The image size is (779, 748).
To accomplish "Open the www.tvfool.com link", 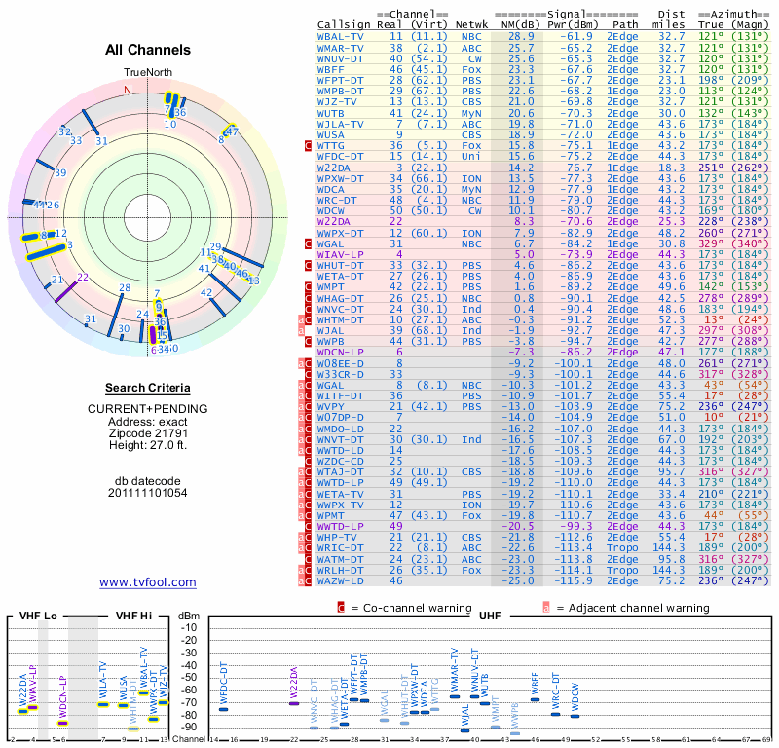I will pyautogui.click(x=148, y=582).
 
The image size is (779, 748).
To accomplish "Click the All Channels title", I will pyautogui.click(x=148, y=50).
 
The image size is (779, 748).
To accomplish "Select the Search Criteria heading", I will pyautogui.click(x=148, y=388).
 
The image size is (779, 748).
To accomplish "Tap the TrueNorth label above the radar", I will pyautogui.click(x=147, y=73).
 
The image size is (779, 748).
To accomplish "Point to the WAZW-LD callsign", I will pyautogui.click(x=341, y=580).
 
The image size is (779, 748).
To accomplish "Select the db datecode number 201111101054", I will pyautogui.click(x=148, y=493).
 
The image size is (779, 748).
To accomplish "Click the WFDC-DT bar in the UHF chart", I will pyautogui.click(x=223, y=709).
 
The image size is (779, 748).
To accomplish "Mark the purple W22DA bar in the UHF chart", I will pyautogui.click(x=294, y=702).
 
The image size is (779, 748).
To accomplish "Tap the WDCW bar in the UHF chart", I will pyautogui.click(x=575, y=716).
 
